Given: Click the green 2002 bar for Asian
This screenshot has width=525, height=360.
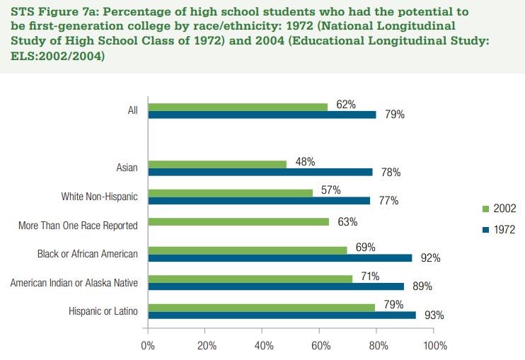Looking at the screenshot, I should point(217,164).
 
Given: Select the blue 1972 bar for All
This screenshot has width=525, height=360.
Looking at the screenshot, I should point(262,114).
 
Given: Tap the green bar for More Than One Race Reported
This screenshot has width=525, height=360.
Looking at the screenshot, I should point(238,222).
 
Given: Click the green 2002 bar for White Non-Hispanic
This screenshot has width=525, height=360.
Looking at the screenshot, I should point(230,192).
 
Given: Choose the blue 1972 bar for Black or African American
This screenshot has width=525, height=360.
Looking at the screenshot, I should point(280,258).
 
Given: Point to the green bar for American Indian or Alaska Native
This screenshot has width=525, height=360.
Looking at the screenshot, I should point(250,279).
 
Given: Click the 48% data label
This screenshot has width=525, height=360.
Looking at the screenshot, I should point(305,161).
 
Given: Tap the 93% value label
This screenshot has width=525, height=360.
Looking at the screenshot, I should point(433,315).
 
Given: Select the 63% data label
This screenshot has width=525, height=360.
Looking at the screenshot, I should point(347,222).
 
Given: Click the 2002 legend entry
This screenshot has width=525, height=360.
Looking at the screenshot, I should point(499,209).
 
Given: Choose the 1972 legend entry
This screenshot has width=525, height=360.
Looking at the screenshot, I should point(499,229).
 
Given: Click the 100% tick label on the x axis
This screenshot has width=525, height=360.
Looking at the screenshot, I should point(434,346).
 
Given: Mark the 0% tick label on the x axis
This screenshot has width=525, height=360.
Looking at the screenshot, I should point(148,346).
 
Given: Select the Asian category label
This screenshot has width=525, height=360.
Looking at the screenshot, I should point(127,168).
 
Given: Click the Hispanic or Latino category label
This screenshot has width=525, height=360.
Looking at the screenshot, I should point(103,311).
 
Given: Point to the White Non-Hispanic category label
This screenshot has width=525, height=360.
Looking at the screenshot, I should point(99,196).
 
